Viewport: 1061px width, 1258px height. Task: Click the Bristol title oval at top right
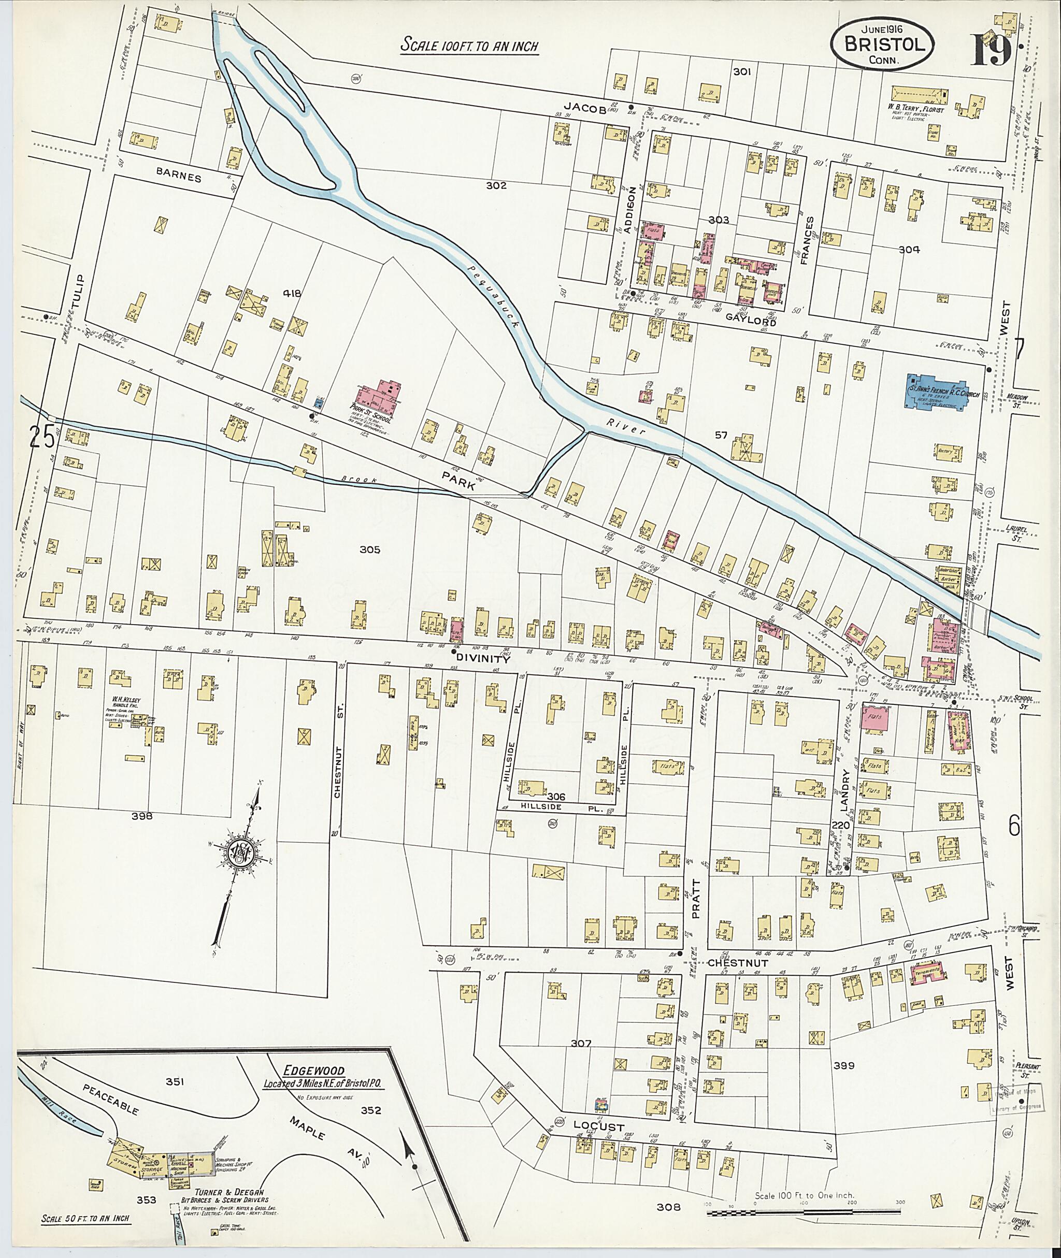point(883,44)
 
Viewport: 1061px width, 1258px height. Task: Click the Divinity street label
point(482,658)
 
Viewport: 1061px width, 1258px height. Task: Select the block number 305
point(370,549)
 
